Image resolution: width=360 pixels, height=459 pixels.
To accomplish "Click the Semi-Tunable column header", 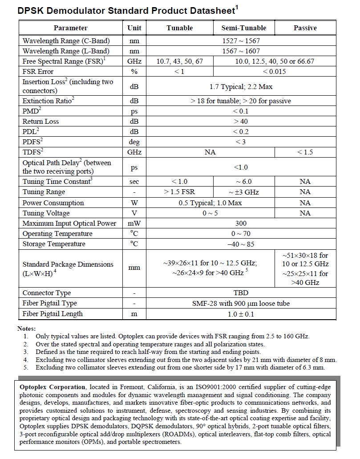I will (x=244, y=28).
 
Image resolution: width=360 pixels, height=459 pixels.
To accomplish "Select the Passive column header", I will (x=305, y=28).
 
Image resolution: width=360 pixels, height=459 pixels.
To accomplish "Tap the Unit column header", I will (x=134, y=28).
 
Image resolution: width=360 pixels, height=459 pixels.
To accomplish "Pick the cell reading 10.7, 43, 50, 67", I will (x=179, y=61).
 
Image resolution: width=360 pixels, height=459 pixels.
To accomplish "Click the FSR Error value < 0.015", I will (x=274, y=72).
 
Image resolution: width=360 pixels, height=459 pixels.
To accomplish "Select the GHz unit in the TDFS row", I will (x=134, y=152).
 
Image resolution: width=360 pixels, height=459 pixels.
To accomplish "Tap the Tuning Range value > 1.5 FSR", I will (x=179, y=192).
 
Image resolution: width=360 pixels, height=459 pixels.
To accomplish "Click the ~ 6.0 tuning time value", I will (x=244, y=182).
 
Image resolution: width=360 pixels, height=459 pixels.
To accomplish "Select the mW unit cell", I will (x=134, y=223).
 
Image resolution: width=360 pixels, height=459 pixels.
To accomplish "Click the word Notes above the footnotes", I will (x=26, y=328).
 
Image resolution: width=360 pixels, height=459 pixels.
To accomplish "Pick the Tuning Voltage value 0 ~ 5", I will (x=210, y=213).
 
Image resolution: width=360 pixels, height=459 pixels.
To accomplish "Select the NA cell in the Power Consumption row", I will (x=305, y=203).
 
